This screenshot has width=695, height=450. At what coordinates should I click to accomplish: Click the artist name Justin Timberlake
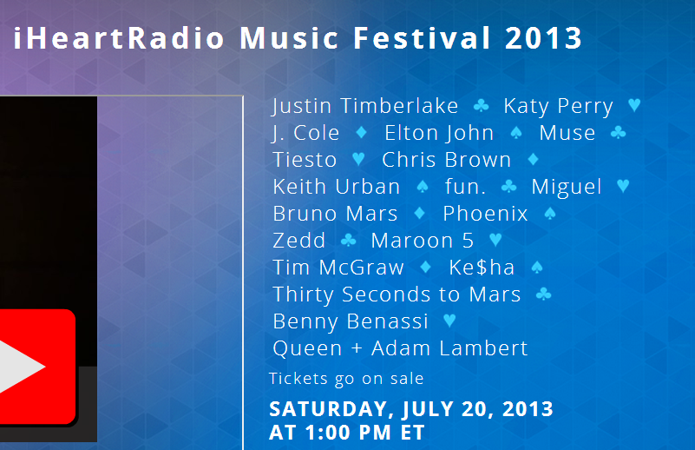point(364,107)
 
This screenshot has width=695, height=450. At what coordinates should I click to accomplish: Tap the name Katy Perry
point(559,107)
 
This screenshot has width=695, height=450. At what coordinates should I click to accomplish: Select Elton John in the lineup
point(439,133)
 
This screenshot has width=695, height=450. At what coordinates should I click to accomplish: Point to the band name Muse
point(567,133)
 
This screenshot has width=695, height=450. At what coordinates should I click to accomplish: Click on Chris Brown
point(446,160)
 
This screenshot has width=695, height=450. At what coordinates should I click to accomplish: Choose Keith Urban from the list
point(337,187)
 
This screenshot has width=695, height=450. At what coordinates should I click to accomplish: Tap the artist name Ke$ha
point(482,268)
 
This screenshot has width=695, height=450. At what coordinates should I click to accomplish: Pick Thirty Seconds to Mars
point(397,294)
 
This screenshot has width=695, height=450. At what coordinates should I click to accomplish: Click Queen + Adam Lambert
point(400,348)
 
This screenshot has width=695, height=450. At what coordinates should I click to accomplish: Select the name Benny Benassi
point(351,321)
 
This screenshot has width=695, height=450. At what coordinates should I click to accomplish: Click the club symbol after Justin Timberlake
point(481,106)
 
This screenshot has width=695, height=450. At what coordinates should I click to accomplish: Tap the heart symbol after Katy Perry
point(635,105)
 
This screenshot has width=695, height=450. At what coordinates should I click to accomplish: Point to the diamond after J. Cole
point(362,132)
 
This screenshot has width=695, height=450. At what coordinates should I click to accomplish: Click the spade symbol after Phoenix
point(550,214)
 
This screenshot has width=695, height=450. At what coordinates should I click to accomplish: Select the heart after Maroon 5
point(495,240)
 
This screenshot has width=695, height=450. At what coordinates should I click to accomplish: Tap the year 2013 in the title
point(543,38)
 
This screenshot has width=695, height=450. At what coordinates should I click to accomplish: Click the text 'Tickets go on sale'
point(346,379)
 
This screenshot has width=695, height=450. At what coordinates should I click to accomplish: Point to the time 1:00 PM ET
point(365,433)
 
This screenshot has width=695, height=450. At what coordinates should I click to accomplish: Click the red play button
point(36,367)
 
